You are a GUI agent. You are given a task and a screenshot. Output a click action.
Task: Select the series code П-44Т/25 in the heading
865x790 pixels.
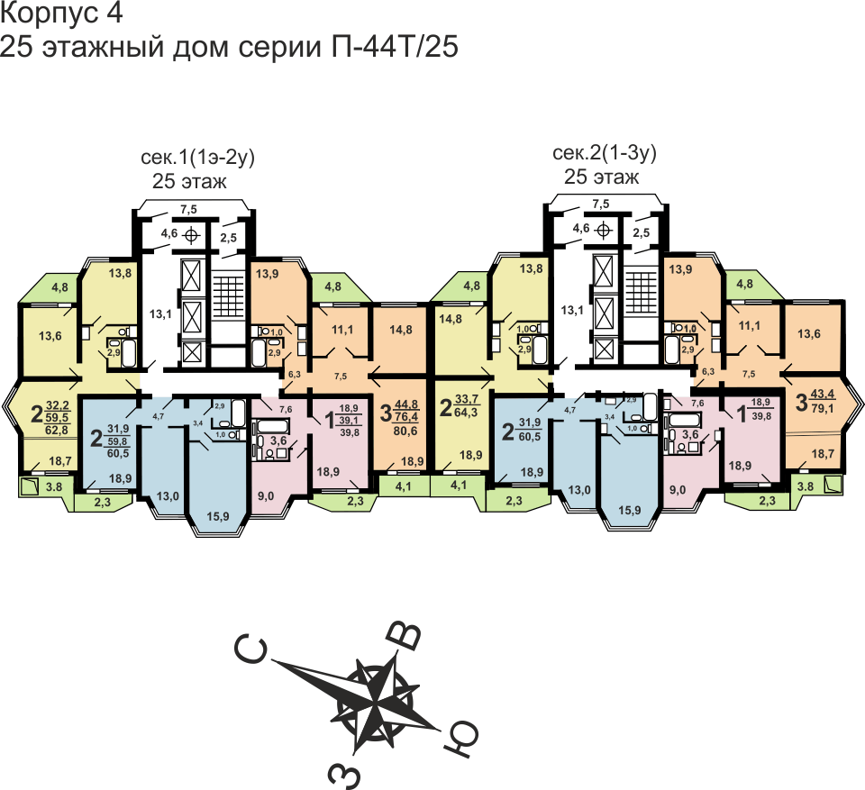pyautogui.click(x=391, y=48)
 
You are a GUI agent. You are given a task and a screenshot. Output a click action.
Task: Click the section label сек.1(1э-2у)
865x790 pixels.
pyautogui.click(x=198, y=159)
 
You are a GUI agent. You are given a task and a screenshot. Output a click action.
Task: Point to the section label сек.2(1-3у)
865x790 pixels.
pyautogui.click(x=604, y=153)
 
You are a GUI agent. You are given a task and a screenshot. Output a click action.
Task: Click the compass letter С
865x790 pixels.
pyautogui.click(x=251, y=649)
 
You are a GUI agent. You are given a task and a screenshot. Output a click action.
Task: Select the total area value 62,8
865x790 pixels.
pyautogui.click(x=60, y=430)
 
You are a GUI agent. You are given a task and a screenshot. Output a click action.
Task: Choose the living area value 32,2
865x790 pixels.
pyautogui.click(x=59, y=404)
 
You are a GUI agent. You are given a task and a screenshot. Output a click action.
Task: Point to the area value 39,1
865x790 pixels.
pyautogui.click(x=351, y=419)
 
